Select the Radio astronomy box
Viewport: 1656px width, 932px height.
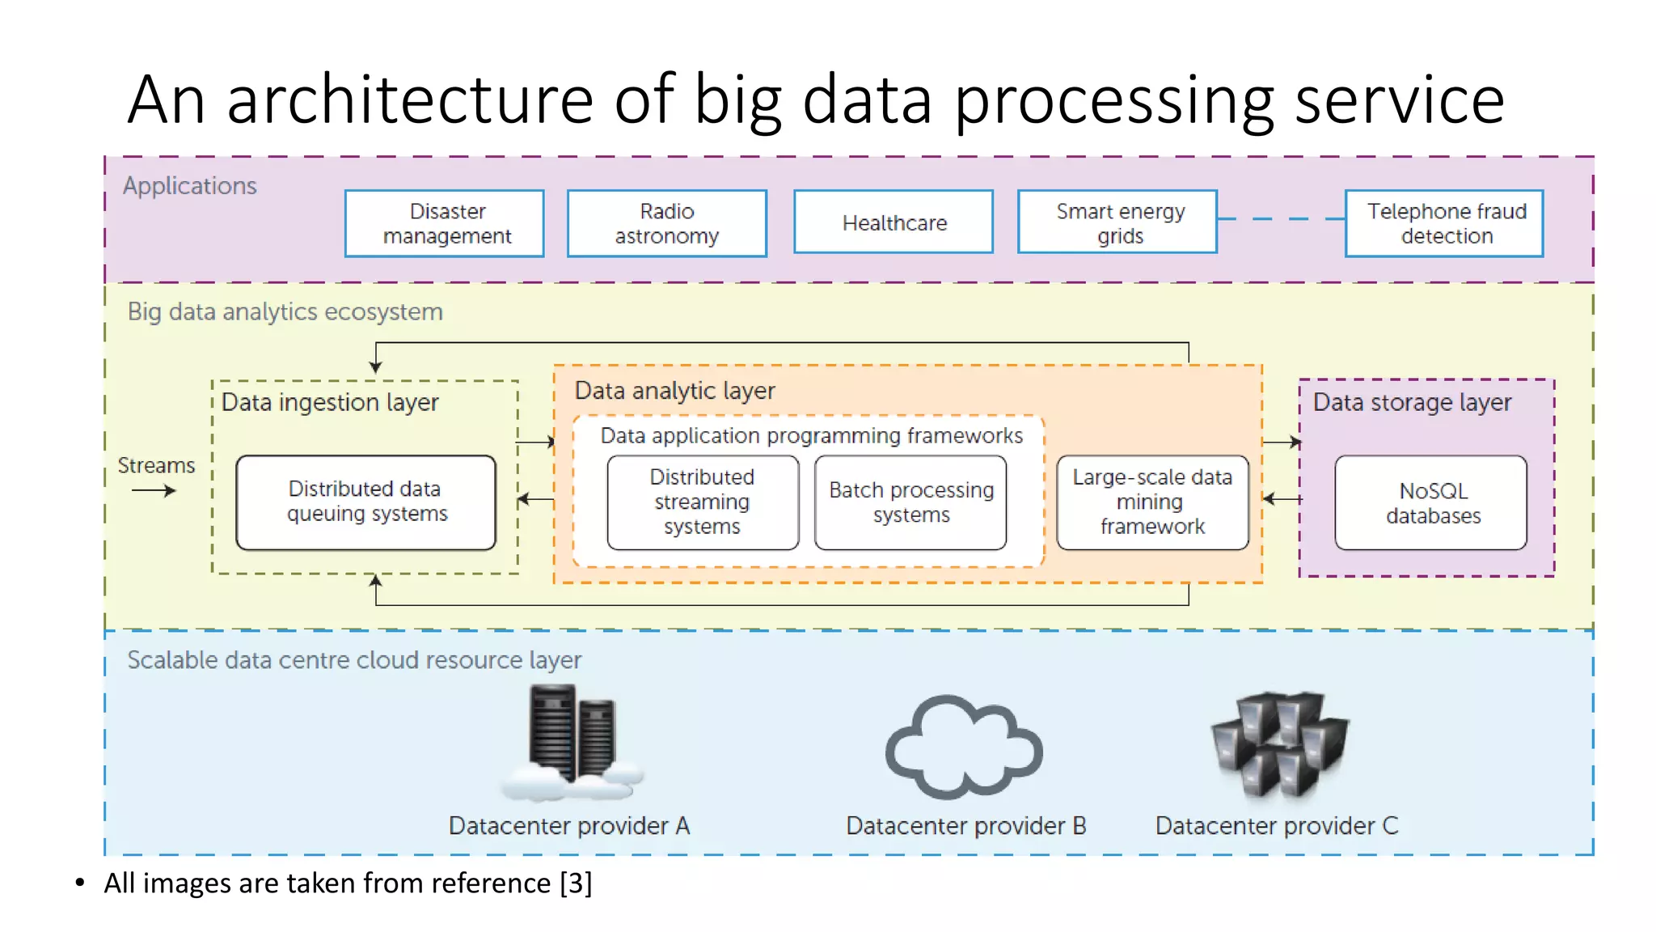point(667,223)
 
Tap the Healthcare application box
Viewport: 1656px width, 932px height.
point(893,222)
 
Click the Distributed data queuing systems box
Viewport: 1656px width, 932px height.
point(365,502)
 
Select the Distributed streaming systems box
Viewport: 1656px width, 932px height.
point(703,502)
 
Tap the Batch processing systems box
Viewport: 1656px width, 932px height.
point(910,502)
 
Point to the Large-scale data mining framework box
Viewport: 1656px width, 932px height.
point(1152,502)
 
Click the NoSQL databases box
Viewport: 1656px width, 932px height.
point(1431,502)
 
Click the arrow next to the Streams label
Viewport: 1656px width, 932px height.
point(154,490)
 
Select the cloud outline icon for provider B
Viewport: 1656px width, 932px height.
point(964,748)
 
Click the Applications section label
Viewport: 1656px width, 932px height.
point(190,186)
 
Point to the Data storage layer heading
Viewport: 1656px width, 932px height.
point(1412,402)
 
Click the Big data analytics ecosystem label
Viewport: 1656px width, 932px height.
point(285,311)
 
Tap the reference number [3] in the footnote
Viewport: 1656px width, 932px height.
point(576,883)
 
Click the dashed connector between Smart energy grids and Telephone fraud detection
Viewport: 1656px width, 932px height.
point(1281,218)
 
